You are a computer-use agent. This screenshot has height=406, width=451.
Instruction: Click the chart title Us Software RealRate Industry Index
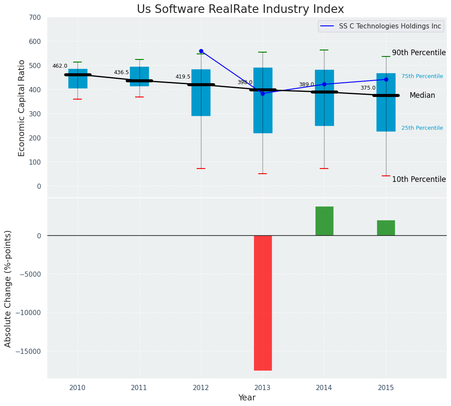tap(240, 9)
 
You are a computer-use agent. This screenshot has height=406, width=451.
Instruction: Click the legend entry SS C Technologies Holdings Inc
tap(389, 26)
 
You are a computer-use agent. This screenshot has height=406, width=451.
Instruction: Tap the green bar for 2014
tap(324, 221)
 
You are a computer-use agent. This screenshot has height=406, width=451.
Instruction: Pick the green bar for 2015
tap(386, 228)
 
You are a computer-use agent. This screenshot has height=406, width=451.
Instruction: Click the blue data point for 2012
tap(201, 51)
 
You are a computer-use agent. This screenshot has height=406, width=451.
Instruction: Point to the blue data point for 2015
tap(386, 79)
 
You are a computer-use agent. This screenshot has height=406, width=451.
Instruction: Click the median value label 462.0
tap(60, 66)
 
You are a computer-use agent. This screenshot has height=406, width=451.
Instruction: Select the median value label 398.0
tap(245, 82)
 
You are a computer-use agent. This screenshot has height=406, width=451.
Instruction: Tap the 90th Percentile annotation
tap(418, 53)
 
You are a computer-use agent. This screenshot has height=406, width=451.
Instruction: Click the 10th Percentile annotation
tap(418, 179)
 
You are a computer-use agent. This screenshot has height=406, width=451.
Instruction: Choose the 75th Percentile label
tap(422, 76)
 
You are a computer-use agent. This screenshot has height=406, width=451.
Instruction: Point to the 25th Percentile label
tap(422, 128)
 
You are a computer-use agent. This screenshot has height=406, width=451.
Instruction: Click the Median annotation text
tap(422, 96)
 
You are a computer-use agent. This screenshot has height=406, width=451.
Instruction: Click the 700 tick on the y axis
tap(34, 17)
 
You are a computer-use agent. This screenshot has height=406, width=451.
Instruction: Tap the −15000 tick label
tap(28, 351)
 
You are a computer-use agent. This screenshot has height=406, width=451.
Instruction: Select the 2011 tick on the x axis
tap(139, 387)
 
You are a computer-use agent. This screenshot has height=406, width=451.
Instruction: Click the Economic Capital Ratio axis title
tap(22, 108)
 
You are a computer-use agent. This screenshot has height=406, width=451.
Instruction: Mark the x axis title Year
tap(247, 398)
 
